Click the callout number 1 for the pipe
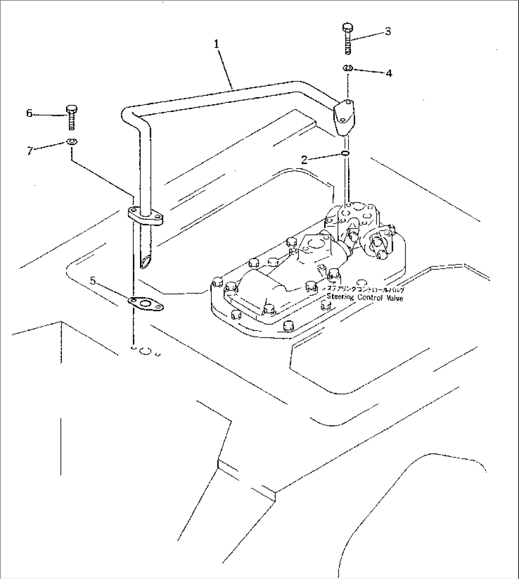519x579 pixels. tap(217, 44)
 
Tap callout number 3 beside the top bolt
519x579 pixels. tap(388, 32)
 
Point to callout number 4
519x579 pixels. tap(389, 73)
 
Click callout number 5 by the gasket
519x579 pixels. tap(93, 281)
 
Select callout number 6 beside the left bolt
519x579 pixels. tap(30, 113)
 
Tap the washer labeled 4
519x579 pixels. tap(347, 69)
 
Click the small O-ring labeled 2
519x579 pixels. tap(345, 153)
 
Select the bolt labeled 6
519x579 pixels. tap(71, 116)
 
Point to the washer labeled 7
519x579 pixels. tap(71, 141)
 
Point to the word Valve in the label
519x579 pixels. tap(393, 298)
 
